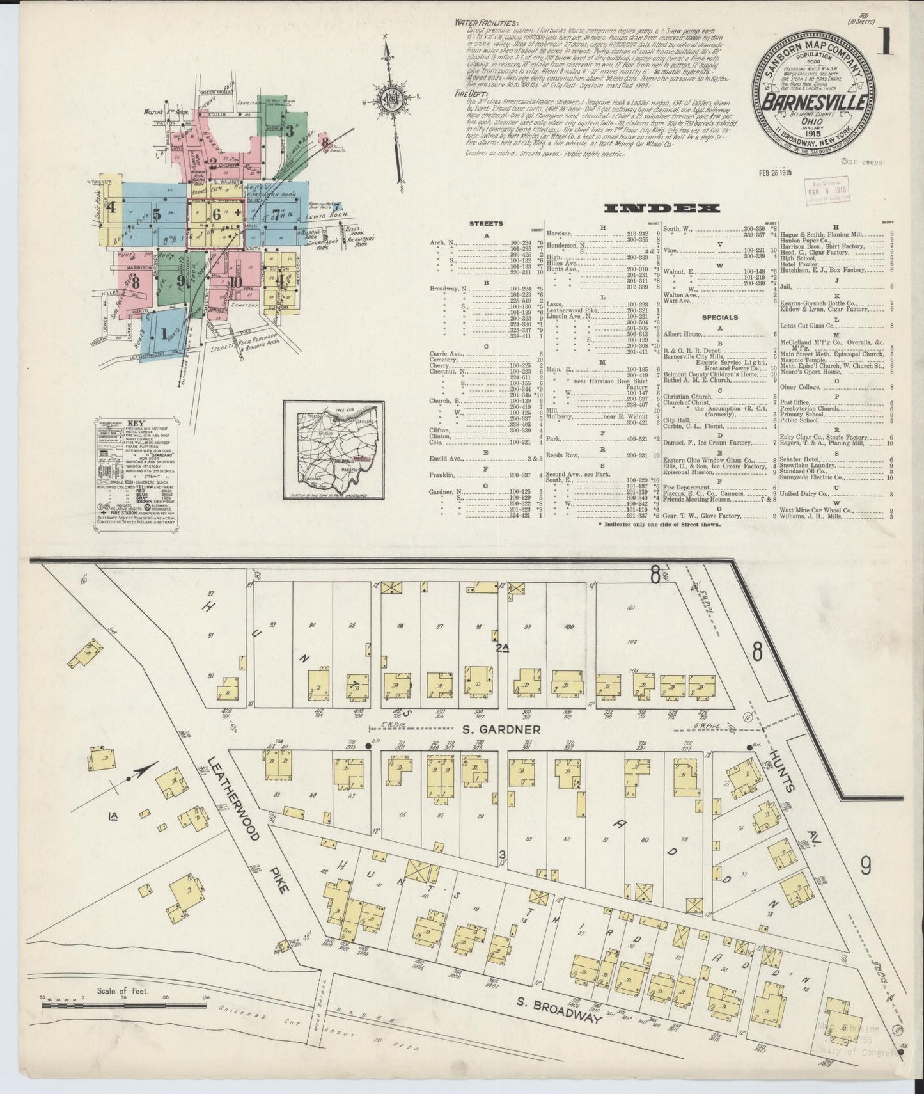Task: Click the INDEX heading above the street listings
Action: click(662, 209)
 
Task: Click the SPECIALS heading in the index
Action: click(719, 317)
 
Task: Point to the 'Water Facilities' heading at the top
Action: click(482, 22)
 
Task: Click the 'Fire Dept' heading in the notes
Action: click(467, 93)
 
